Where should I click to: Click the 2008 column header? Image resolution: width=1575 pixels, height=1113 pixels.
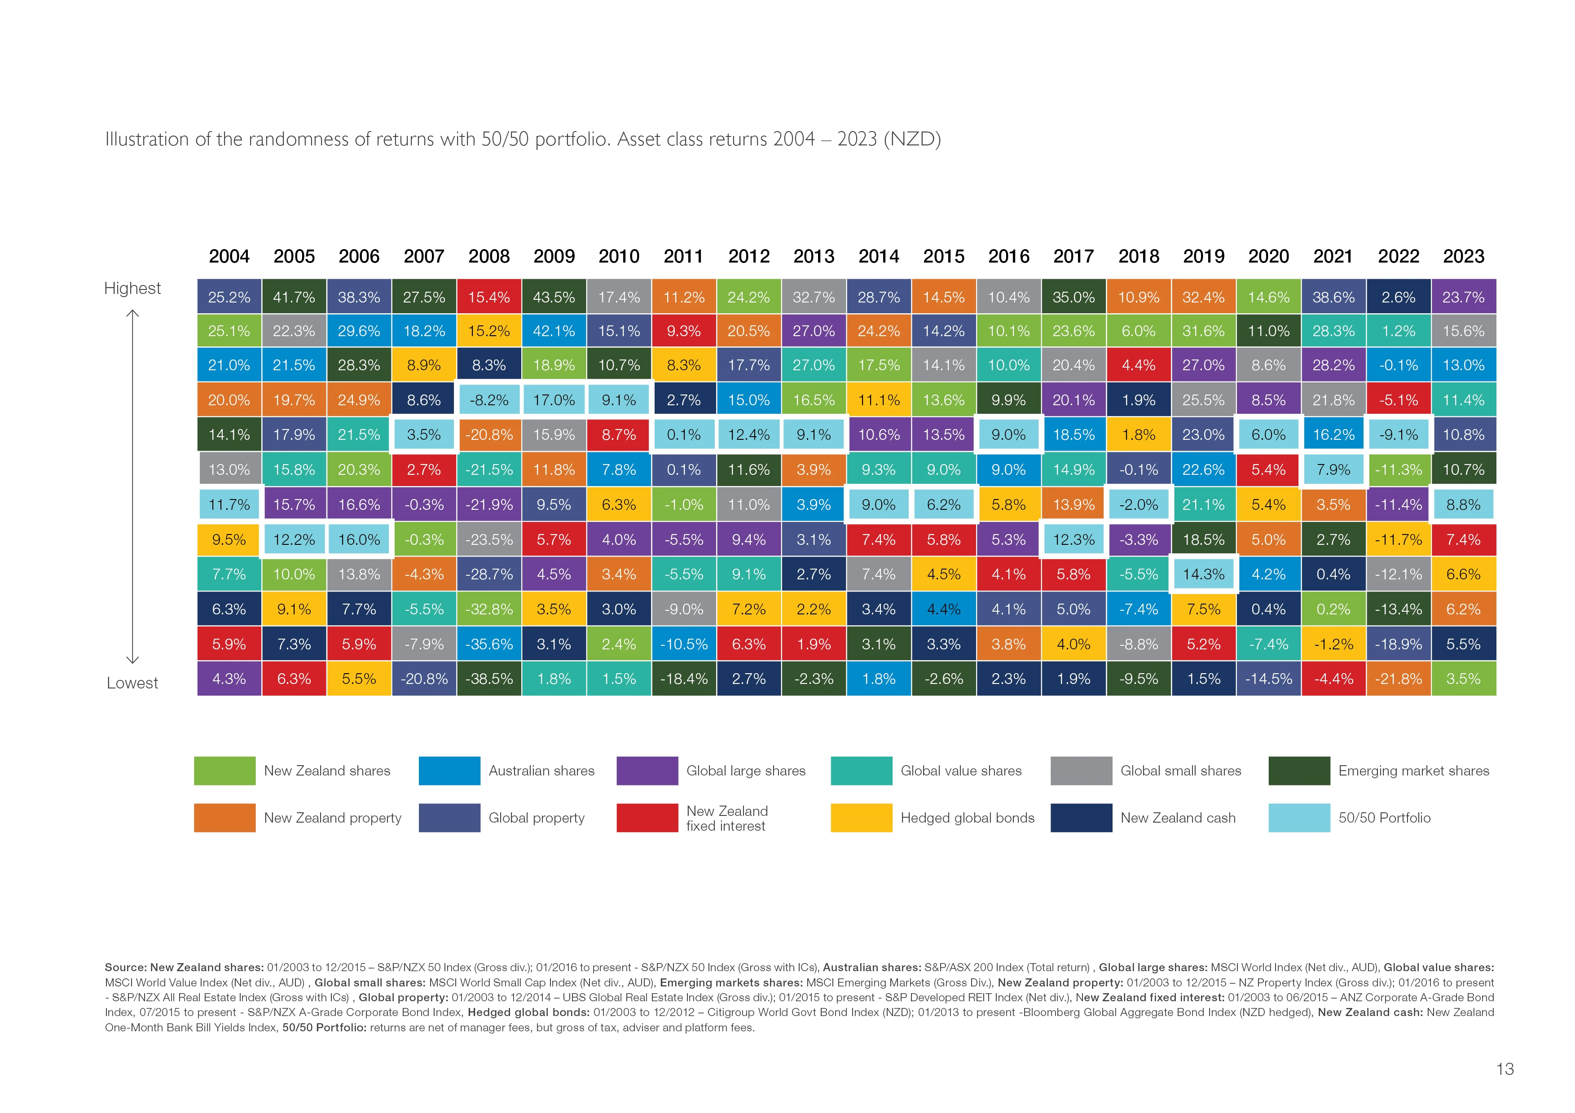click(x=488, y=256)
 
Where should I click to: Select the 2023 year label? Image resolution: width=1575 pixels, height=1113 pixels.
click(x=1463, y=256)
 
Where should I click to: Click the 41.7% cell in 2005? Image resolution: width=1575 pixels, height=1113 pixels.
click(x=294, y=297)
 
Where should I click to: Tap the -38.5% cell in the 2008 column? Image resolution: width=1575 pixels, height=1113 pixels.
click(x=488, y=679)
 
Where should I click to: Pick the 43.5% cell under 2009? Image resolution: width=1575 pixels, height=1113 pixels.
click(x=554, y=297)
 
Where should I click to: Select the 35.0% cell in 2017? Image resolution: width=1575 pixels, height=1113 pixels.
click(x=1073, y=297)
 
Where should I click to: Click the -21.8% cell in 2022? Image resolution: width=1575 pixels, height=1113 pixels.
click(x=1398, y=679)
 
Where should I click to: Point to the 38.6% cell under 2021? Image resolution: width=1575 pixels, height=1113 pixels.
click(x=1333, y=297)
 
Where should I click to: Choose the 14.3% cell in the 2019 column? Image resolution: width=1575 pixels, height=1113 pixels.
click(x=1203, y=574)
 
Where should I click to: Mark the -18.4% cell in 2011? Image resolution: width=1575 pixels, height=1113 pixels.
click(x=683, y=679)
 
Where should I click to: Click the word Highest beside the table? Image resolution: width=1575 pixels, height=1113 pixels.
click(x=132, y=288)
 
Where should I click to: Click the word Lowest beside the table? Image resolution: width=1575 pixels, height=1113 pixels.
click(x=132, y=683)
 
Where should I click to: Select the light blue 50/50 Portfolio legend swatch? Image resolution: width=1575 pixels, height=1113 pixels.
click(x=1298, y=817)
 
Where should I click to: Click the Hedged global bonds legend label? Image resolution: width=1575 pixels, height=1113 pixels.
click(x=967, y=817)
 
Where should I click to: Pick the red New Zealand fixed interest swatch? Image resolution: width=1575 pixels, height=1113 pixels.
click(x=647, y=817)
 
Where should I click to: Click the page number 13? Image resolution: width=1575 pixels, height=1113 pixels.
click(x=1505, y=1069)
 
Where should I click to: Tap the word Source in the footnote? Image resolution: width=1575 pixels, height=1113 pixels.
click(x=124, y=968)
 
